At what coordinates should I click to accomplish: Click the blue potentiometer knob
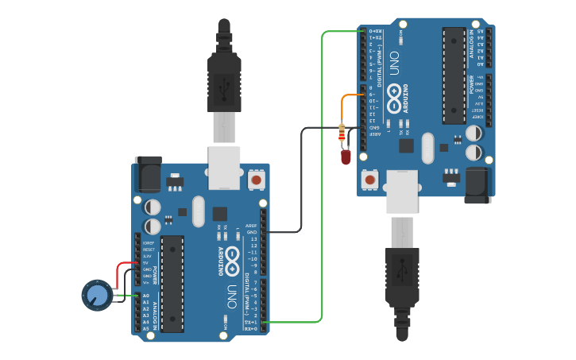pyautogui.click(x=96, y=295)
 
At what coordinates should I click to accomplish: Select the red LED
pyautogui.click(x=346, y=157)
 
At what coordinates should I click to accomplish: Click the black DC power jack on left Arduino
pyautogui.click(x=148, y=175)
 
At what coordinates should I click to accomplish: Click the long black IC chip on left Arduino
pyautogui.click(x=172, y=283)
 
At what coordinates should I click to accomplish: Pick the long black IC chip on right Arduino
pyautogui.click(x=454, y=75)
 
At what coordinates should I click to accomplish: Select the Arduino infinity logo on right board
pyautogui.click(x=395, y=100)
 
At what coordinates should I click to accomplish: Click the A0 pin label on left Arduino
pyautogui.click(x=145, y=296)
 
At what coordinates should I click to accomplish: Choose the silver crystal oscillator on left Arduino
pyautogui.click(x=199, y=211)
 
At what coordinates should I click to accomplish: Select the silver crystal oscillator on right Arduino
pyautogui.click(x=428, y=149)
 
